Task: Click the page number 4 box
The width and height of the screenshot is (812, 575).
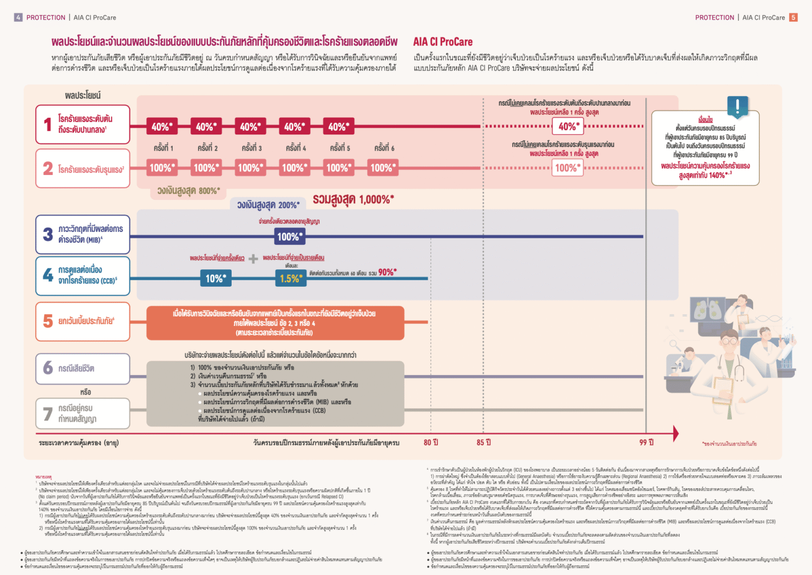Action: coord(18,17)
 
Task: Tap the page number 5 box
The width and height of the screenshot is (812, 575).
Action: coord(793,17)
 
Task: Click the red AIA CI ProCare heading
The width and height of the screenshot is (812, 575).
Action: coord(442,42)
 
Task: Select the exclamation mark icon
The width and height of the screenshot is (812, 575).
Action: coord(737,106)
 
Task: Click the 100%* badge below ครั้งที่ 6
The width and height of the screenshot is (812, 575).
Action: coord(383,168)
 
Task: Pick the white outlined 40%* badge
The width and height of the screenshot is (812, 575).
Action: coord(568,126)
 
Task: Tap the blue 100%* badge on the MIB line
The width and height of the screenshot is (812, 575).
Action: coord(290,236)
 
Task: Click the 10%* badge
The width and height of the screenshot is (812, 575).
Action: coord(215,279)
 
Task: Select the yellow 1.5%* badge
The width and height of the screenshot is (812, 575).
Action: coord(290,279)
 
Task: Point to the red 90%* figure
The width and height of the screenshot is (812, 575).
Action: coord(387,272)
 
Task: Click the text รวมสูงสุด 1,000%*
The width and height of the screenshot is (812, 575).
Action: coord(353,199)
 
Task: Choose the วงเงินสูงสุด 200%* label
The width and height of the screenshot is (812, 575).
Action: coord(268,205)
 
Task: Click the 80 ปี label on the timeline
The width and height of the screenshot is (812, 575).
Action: coord(431,443)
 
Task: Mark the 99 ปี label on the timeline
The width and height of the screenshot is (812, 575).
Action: coord(646,443)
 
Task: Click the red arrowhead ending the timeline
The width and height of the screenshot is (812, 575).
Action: coord(676,433)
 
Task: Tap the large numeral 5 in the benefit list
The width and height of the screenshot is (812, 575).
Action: coord(48,321)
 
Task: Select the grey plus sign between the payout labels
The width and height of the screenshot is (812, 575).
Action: coord(253,259)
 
